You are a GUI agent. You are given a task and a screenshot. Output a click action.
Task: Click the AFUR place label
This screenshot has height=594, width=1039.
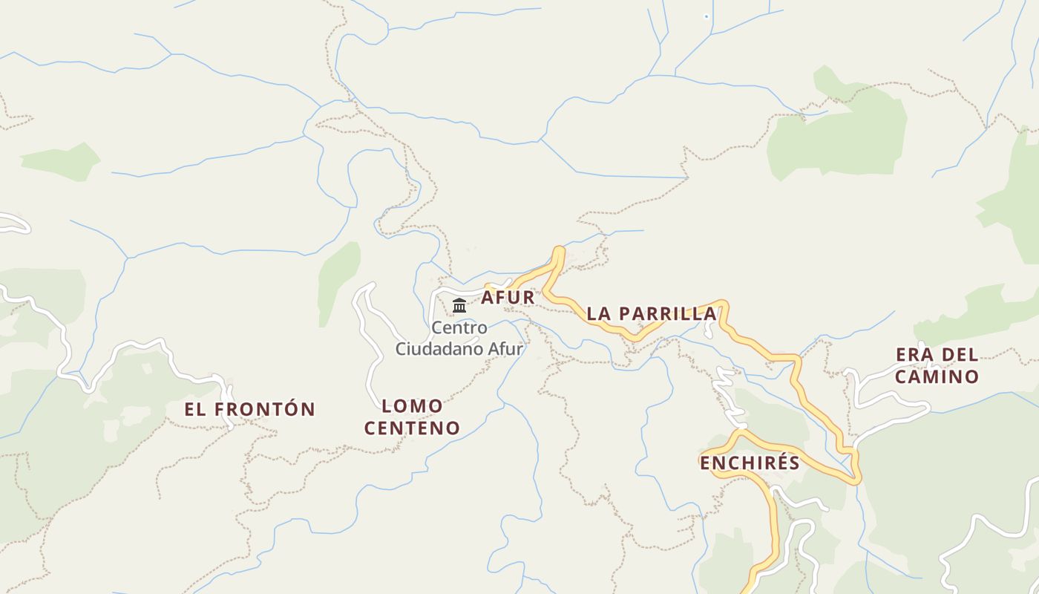coord(508,298)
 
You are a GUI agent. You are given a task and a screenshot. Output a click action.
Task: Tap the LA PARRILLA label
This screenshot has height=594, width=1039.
coord(652,313)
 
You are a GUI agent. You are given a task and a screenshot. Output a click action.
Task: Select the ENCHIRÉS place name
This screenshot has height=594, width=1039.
coord(750,463)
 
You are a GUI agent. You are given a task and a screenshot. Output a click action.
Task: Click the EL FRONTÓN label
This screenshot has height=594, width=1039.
coord(250,409)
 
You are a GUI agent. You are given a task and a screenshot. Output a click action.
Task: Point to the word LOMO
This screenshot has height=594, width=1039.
coord(412,406)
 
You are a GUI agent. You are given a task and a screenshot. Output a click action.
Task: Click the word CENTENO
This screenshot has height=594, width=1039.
coord(422,428)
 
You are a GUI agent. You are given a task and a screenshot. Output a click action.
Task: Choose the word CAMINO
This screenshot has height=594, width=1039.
coord(937,376)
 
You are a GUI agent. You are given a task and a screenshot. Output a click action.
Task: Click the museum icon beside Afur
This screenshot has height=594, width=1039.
coord(459,305)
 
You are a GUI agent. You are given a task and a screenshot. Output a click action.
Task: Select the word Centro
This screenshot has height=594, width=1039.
coord(459,327)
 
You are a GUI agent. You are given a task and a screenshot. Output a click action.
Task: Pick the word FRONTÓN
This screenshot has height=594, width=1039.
coord(266,409)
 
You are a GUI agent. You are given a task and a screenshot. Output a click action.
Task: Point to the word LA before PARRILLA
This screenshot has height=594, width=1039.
coord(599,313)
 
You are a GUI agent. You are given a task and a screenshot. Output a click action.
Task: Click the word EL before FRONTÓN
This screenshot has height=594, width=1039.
coord(195,409)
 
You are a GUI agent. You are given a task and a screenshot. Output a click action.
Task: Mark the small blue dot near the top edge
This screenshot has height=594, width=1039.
coord(706,16)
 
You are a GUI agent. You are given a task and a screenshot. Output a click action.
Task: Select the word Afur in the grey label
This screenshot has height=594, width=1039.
coord(505,348)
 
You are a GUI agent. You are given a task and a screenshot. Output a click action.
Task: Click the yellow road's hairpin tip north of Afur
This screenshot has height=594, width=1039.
coord(559,251)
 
